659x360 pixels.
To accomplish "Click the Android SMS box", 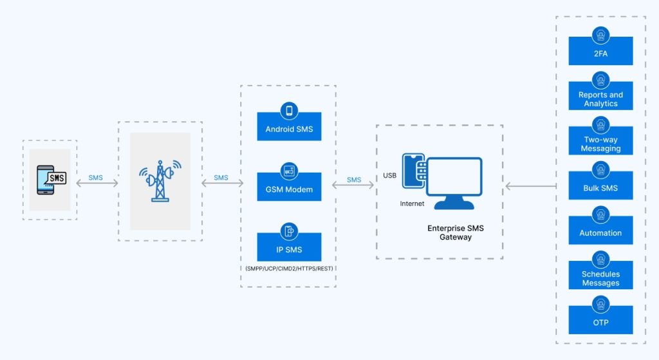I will [x=289, y=128].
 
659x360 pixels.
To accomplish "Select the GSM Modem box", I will [x=289, y=189].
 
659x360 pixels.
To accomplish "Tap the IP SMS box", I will [x=289, y=249].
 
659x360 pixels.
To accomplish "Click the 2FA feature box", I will [x=600, y=53].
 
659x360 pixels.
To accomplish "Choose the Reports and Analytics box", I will [x=600, y=99].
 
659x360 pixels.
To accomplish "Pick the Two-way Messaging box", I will [x=600, y=144].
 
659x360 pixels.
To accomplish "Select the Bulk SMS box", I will [x=600, y=188].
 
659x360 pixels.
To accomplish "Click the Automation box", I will [x=600, y=233].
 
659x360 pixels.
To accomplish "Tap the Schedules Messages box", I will [x=600, y=278].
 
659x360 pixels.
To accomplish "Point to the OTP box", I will [x=600, y=322].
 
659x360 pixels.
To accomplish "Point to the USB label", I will [x=390, y=176].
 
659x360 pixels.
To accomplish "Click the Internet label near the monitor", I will [x=412, y=204].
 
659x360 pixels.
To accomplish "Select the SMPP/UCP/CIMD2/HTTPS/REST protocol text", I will [x=288, y=268].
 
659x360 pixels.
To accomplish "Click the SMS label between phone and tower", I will [x=96, y=178].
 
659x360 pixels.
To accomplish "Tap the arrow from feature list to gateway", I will [x=531, y=187].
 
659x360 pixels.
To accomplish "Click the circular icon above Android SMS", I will [x=289, y=111].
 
